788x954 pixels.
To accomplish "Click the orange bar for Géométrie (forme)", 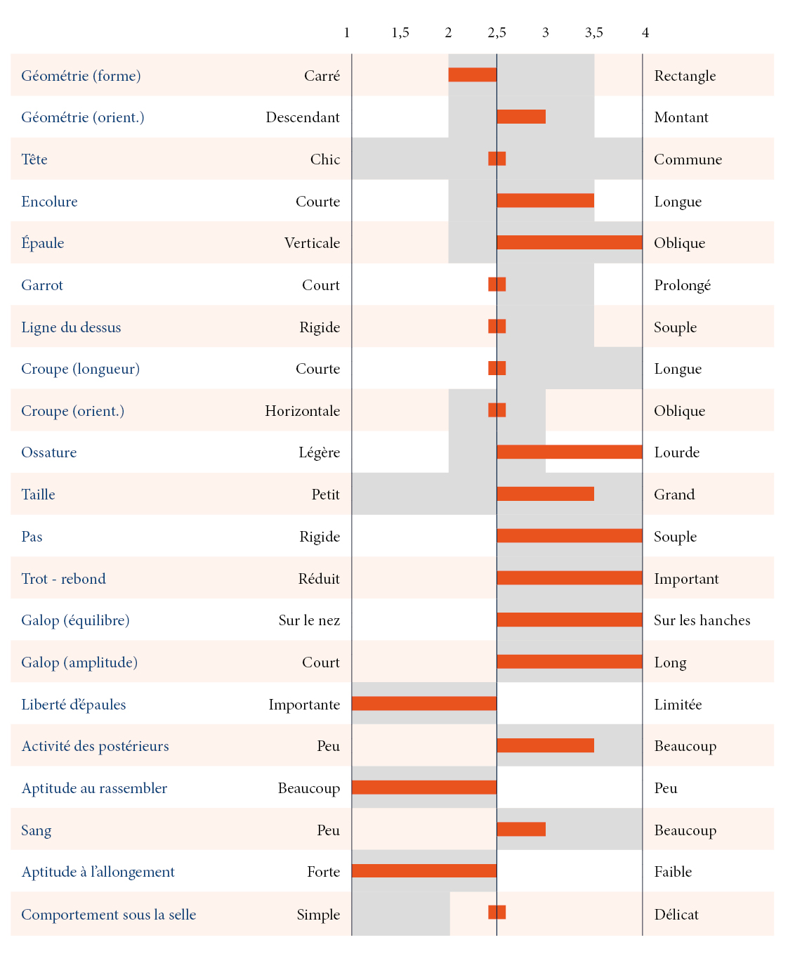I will pyautogui.click(x=472, y=74).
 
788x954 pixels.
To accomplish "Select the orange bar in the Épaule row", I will pyautogui.click(x=569, y=242).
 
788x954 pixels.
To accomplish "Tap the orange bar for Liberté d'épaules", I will pyautogui.click(x=424, y=703).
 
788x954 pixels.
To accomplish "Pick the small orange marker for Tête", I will pyautogui.click(x=497, y=159).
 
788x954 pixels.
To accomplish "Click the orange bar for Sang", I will pyautogui.click(x=520, y=829).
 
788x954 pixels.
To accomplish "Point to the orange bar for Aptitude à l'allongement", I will pyautogui.click(x=424, y=871).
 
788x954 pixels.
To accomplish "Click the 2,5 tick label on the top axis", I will pyautogui.click(x=497, y=32).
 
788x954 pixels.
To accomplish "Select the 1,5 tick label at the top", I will pyautogui.click(x=400, y=32).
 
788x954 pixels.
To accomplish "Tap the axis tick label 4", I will pyautogui.click(x=645, y=32).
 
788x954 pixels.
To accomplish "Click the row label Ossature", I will pyautogui.click(x=48, y=452).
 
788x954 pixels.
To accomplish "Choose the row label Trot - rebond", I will pyautogui.click(x=63, y=579).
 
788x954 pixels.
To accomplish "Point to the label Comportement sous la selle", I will pyautogui.click(x=108, y=915).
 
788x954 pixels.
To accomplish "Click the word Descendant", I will pyautogui.click(x=303, y=117).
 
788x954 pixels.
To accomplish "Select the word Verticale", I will pyautogui.click(x=312, y=243).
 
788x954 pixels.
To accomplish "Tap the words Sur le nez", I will pyautogui.click(x=309, y=620).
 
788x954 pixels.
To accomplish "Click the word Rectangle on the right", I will pyautogui.click(x=685, y=76).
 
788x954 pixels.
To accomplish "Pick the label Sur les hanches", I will pyautogui.click(x=702, y=620).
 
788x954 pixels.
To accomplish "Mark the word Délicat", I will pyautogui.click(x=676, y=915).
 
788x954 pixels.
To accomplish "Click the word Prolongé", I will pyautogui.click(x=682, y=285).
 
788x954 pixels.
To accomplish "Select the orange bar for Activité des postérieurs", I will pyautogui.click(x=545, y=745).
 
